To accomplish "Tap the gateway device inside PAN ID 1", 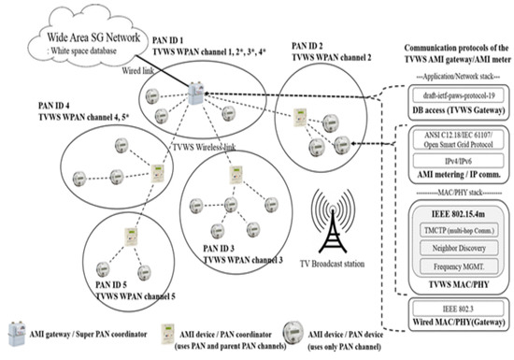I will pos(195,94).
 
